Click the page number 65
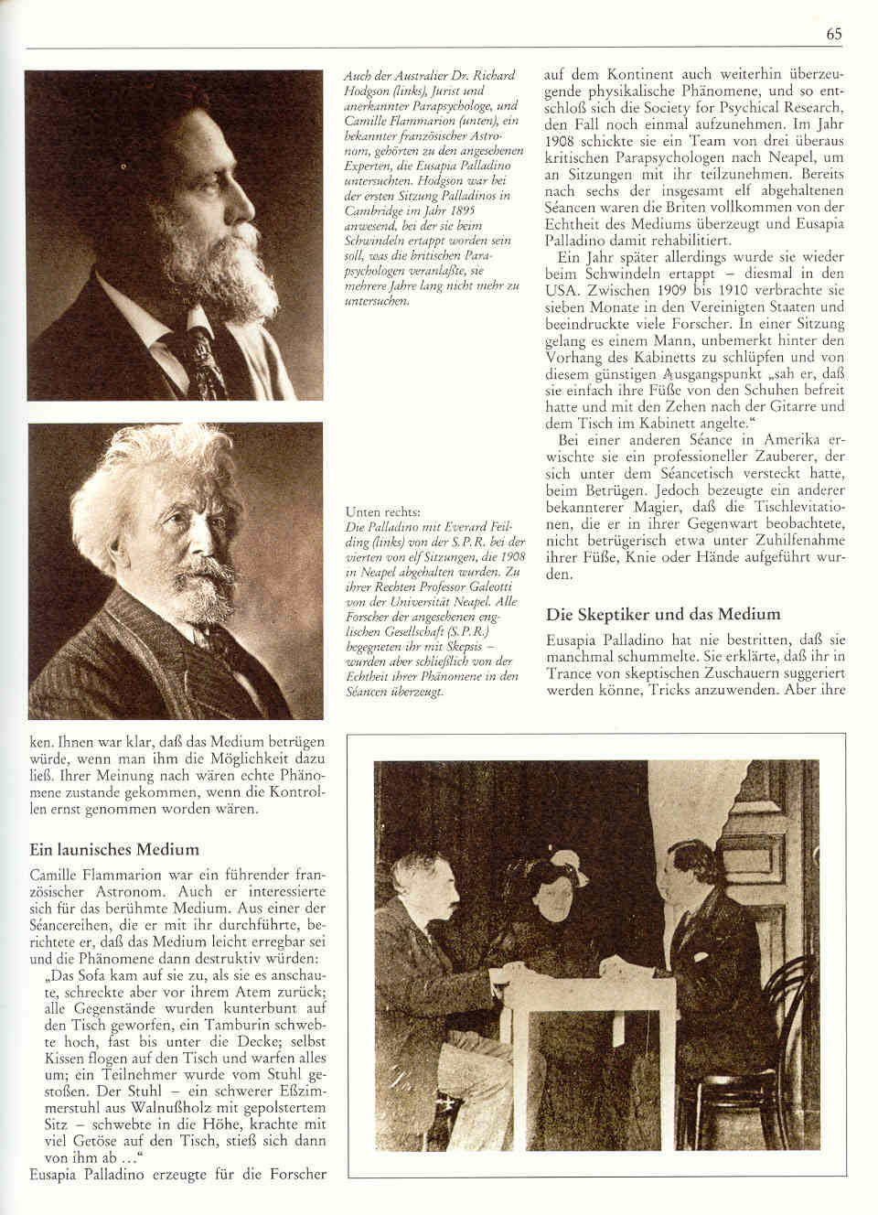833,34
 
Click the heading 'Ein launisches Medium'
114,850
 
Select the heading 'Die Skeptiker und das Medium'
663,614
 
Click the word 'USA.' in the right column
562,291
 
